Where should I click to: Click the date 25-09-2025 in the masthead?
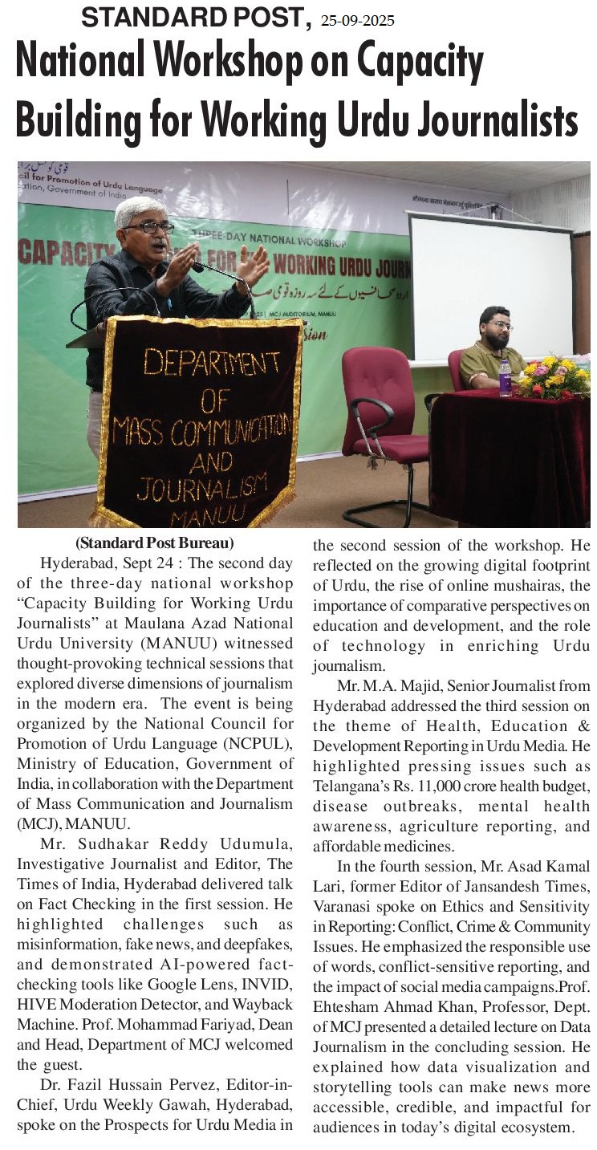[357, 21]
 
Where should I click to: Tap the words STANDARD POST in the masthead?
[196, 17]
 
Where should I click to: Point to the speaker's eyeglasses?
[147, 227]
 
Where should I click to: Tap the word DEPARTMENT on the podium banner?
[201, 363]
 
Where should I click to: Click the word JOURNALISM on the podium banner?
[201, 486]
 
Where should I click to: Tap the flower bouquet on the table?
[553, 376]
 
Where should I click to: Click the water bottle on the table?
[506, 377]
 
